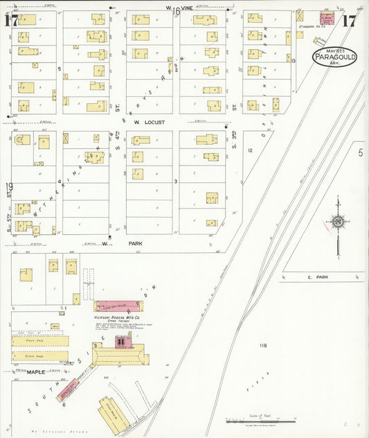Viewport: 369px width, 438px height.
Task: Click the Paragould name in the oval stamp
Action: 334,58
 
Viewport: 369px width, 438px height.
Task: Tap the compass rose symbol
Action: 337,222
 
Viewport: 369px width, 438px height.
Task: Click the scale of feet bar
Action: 262,420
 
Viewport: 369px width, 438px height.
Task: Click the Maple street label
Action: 36,372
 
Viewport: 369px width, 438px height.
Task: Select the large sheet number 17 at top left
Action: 10,21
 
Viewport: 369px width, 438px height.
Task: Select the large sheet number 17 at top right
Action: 350,20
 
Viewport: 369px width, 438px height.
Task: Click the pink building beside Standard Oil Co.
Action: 327,17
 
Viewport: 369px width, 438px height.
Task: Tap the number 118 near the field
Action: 262,345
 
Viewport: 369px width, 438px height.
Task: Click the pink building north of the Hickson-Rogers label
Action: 117,306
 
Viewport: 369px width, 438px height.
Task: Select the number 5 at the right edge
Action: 360,152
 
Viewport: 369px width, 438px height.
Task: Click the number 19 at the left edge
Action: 9,186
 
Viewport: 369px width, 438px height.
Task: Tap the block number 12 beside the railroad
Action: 251,150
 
